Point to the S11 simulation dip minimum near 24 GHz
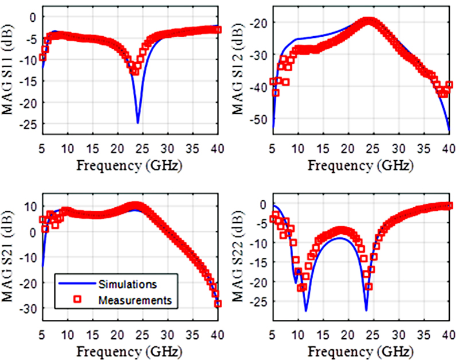[138, 122]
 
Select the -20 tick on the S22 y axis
[262, 282]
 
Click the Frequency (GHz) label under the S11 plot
[130, 166]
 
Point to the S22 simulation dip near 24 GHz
[366, 310]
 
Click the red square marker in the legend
[78, 299]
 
